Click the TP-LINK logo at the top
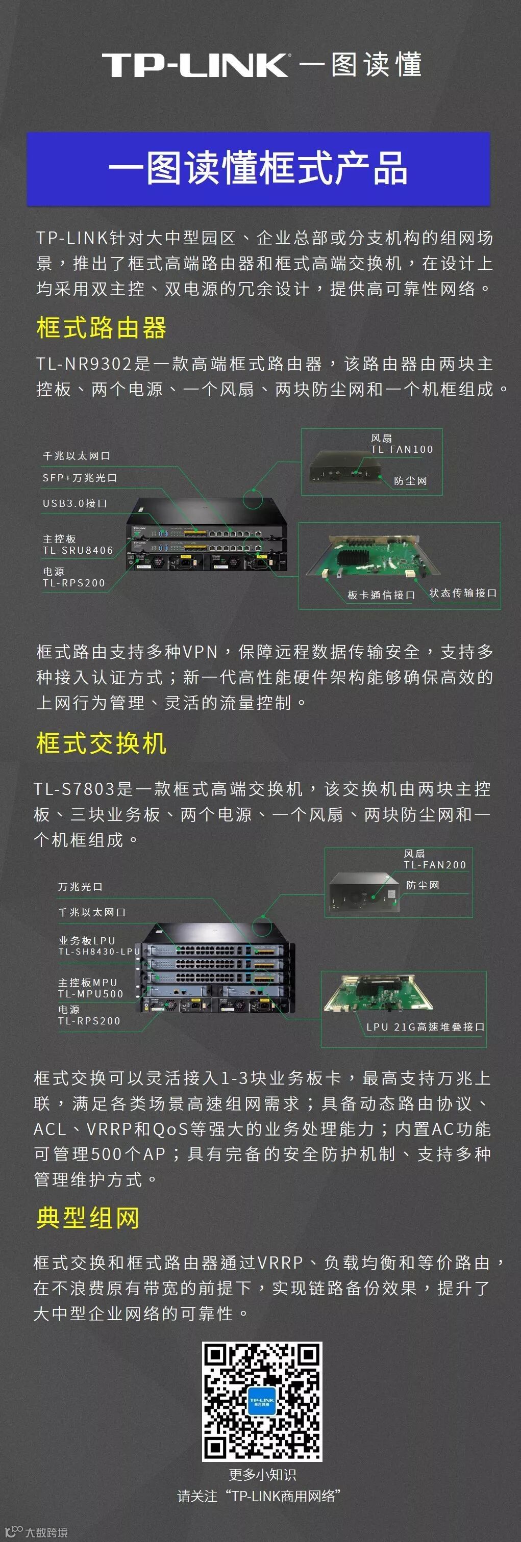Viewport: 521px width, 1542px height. [195, 65]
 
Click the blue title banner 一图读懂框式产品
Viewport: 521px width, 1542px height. [259, 169]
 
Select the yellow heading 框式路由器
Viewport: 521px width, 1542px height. [101, 328]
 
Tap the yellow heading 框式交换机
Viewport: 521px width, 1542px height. [101, 743]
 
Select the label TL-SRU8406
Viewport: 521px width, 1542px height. [78, 550]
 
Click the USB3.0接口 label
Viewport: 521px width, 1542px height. [75, 503]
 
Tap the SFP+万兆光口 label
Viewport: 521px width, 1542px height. [80, 478]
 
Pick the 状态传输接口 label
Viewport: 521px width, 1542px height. [463, 593]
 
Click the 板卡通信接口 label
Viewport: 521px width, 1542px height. [382, 595]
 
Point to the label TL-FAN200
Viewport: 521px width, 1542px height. [435, 865]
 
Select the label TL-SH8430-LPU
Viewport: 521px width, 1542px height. [99, 951]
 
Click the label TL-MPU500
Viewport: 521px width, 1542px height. [90, 994]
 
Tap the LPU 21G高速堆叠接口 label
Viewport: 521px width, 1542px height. [425, 1026]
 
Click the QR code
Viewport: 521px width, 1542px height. [262, 1401]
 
